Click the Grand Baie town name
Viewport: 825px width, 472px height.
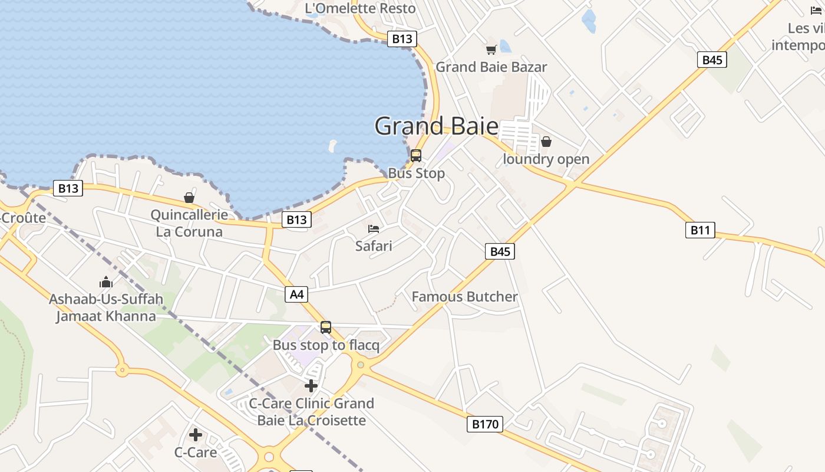pos(436,126)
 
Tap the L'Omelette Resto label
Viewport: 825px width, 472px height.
pos(360,8)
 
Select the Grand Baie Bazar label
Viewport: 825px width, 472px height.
pos(491,67)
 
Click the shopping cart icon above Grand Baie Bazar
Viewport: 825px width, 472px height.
pos(491,50)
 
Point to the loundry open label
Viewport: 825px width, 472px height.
pos(546,159)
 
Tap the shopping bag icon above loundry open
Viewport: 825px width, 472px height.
pos(546,142)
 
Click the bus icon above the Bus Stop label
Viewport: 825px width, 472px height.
pos(416,156)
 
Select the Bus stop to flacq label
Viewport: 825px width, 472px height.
pos(326,345)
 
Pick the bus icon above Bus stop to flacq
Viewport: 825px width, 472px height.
pos(326,327)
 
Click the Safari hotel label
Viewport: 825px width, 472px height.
pos(374,245)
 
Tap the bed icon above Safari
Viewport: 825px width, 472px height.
pos(374,228)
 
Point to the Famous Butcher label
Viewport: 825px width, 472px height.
pos(464,297)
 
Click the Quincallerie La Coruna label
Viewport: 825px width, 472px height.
pos(189,223)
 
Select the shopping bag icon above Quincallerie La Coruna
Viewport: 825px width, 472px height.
pos(189,198)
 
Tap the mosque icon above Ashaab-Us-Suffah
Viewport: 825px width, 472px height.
pos(106,282)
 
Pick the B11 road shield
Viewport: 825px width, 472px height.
pos(700,230)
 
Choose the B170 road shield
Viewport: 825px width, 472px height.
pos(485,424)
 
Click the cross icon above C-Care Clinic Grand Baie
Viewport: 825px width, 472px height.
pos(311,386)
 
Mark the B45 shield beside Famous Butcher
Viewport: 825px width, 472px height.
pos(500,251)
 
